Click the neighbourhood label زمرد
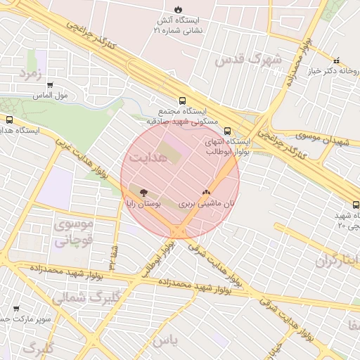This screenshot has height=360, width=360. point(32,73)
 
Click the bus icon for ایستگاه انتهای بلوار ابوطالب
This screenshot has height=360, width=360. point(227,131)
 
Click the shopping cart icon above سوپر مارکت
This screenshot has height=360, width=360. point(16,308)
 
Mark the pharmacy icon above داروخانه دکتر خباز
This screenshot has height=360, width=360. point(336,60)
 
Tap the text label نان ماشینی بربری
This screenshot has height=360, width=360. point(205,204)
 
